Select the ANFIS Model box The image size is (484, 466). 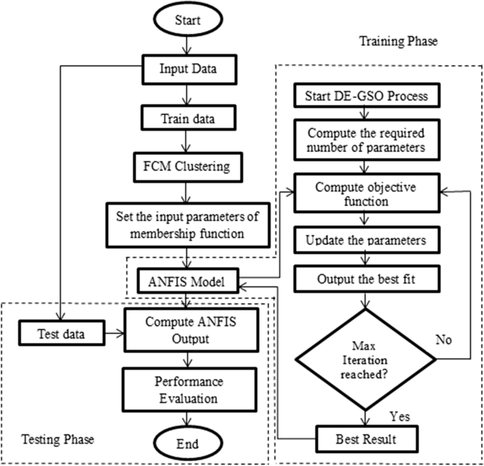(x=187, y=282)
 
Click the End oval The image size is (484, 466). (x=184, y=443)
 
